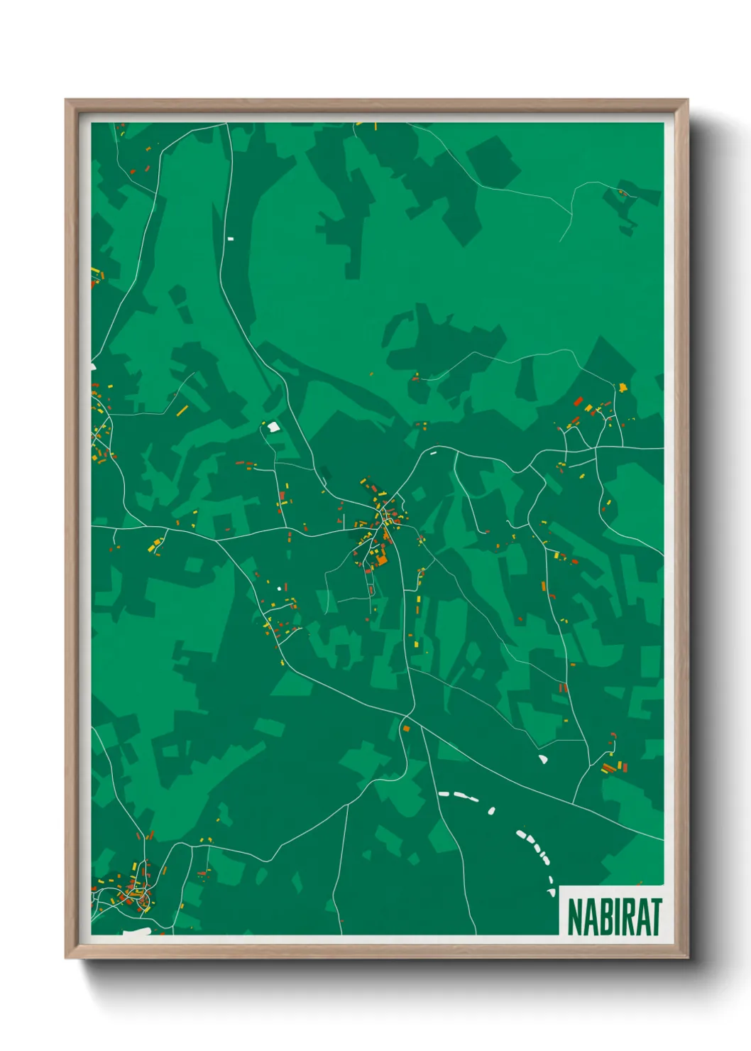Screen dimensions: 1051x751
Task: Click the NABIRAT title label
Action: click(x=614, y=917)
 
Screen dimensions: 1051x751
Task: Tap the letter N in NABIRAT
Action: click(x=576, y=917)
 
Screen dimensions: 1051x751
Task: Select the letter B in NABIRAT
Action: click(x=604, y=917)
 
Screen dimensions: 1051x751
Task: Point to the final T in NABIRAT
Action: click(x=655, y=917)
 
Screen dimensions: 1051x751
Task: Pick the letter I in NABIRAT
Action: click(x=616, y=917)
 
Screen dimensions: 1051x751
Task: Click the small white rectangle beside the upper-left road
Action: click(x=230, y=239)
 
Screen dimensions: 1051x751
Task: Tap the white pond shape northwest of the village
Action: click(x=273, y=427)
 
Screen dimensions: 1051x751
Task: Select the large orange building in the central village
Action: click(x=381, y=560)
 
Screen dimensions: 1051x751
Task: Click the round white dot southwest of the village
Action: click(x=278, y=589)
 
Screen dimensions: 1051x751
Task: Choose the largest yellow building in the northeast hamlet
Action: click(x=623, y=387)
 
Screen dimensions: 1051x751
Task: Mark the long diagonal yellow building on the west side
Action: click(x=182, y=410)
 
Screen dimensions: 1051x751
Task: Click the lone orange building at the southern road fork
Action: click(x=406, y=728)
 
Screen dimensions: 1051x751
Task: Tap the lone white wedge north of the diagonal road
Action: click(x=543, y=759)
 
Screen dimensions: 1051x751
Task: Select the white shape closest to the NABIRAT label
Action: click(x=552, y=892)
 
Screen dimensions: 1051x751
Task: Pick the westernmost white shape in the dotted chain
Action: click(x=444, y=793)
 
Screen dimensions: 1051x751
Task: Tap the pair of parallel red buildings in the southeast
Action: click(x=608, y=768)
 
